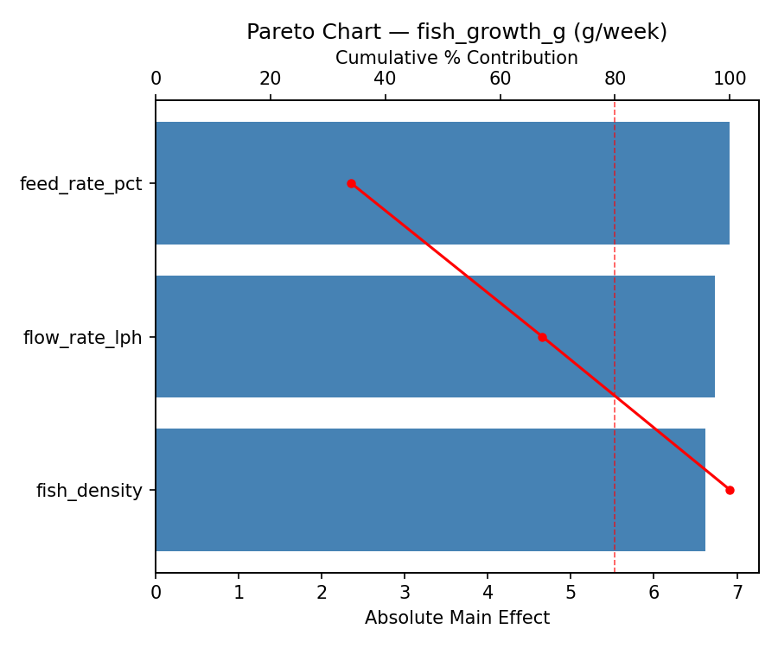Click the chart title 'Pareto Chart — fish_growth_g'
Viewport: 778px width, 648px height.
[456, 32]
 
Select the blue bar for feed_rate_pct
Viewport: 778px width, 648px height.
[442, 183]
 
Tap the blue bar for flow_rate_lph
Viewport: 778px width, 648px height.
[435, 337]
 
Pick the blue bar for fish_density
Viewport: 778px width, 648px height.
[430, 490]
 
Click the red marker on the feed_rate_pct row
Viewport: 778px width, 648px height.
[351, 183]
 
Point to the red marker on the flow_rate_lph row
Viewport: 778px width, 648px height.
[542, 337]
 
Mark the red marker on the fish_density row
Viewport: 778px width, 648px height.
[730, 490]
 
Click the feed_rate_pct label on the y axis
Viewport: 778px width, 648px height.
[80, 184]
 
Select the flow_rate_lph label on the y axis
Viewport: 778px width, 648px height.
[82, 338]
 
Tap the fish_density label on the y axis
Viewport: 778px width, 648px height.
[89, 491]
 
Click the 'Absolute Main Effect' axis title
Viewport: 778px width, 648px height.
[456, 618]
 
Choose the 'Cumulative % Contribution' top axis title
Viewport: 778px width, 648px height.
[456, 58]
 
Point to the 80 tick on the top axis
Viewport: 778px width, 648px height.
[615, 79]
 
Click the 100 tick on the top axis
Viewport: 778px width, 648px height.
[730, 79]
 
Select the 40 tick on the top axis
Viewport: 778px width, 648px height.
[385, 79]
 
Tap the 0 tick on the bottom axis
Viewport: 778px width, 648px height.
[156, 593]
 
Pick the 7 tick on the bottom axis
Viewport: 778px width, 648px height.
[737, 593]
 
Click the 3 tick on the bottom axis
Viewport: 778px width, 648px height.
[405, 593]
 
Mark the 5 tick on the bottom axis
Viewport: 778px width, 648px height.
[571, 593]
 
